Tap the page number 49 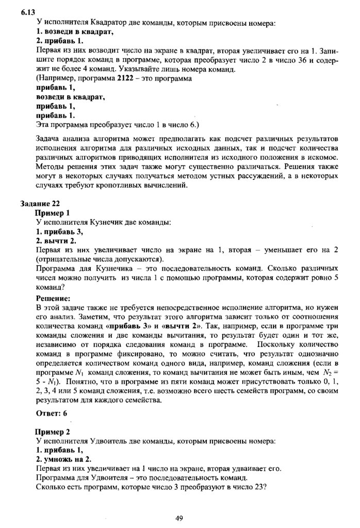[x=179, y=518]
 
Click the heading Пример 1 [x=52, y=212]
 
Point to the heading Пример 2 [x=52, y=432]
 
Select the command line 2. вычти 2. [x=56, y=241]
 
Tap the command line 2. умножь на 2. [x=64, y=459]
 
